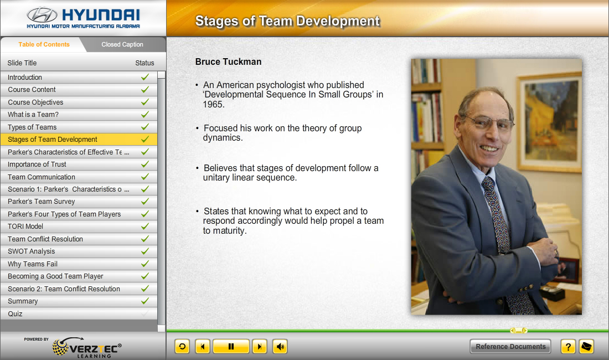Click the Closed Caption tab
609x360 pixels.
click(122, 45)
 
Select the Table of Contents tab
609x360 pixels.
click(44, 45)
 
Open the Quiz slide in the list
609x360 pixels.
click(15, 314)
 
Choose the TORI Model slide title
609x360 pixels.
click(25, 227)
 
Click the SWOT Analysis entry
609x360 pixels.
click(32, 251)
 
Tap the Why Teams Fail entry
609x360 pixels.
click(33, 264)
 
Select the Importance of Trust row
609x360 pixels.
click(37, 164)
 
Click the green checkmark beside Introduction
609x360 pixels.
click(145, 78)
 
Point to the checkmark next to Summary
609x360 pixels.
click(145, 301)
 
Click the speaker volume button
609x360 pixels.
click(280, 346)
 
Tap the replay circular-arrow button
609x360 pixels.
click(182, 346)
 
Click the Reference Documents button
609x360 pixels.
click(510, 346)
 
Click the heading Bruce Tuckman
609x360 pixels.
click(228, 61)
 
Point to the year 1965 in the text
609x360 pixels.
click(214, 105)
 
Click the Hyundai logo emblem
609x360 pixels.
click(42, 15)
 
